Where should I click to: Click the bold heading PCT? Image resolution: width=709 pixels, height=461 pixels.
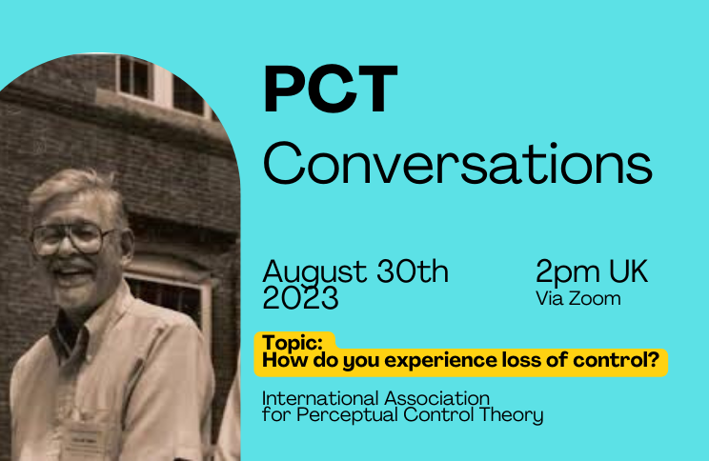coord(331,89)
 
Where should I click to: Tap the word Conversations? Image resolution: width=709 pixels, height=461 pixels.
coord(457,163)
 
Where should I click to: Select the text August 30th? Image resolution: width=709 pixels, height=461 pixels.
coord(355,272)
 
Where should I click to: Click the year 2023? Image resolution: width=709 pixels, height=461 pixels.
coord(300,298)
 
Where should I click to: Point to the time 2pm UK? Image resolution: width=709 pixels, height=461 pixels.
coord(592,271)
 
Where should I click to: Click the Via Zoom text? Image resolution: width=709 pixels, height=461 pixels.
coord(578,299)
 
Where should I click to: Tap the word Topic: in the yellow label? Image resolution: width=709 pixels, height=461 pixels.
coord(293,343)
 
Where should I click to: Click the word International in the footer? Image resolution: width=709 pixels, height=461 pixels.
coord(320,399)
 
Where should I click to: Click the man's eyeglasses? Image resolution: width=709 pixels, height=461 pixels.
coord(72,239)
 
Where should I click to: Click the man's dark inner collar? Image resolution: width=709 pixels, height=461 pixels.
coord(67,334)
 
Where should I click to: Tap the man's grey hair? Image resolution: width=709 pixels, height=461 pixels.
coord(79,188)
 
